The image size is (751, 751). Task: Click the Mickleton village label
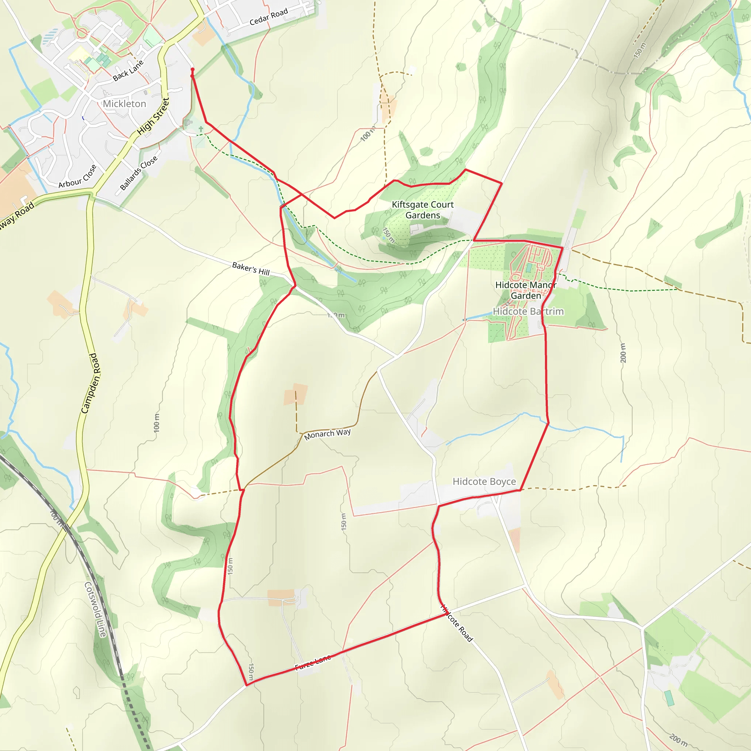click(124, 104)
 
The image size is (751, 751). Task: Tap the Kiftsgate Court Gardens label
click(422, 210)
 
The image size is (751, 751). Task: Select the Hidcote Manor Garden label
click(525, 290)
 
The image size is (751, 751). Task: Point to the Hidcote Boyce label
click(484, 481)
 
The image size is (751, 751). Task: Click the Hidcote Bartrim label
click(528, 311)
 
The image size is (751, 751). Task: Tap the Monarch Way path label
click(327, 434)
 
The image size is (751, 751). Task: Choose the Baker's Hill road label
click(251, 268)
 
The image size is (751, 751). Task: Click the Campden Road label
click(90, 383)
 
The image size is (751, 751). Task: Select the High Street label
click(153, 117)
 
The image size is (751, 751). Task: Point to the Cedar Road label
click(268, 17)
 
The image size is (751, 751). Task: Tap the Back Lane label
click(128, 70)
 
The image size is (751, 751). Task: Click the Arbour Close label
click(77, 176)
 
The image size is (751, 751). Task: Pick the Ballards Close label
click(139, 173)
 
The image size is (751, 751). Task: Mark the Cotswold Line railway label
click(95, 609)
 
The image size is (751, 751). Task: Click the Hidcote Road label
click(457, 623)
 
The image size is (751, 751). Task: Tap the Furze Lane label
click(313, 662)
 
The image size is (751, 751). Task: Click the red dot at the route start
click(193, 70)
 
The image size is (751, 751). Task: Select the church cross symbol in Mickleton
click(201, 129)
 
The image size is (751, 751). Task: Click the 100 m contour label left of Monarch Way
click(157, 423)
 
